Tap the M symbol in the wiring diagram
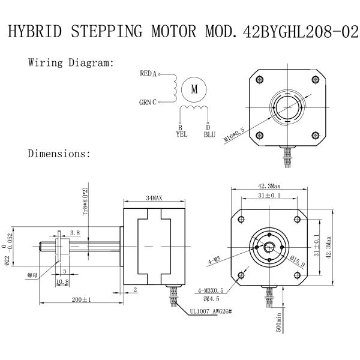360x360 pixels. point(194,89)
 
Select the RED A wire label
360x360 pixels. point(148,74)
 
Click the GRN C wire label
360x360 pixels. point(148,102)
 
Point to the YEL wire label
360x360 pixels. point(181,134)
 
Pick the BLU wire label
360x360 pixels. point(209,134)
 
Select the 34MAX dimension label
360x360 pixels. point(154,198)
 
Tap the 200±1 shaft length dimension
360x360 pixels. point(79,299)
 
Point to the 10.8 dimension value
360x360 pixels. point(62,281)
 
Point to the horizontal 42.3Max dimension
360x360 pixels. point(270,185)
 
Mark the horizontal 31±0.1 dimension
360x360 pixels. point(269,196)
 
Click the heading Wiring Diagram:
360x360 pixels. point(71,63)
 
